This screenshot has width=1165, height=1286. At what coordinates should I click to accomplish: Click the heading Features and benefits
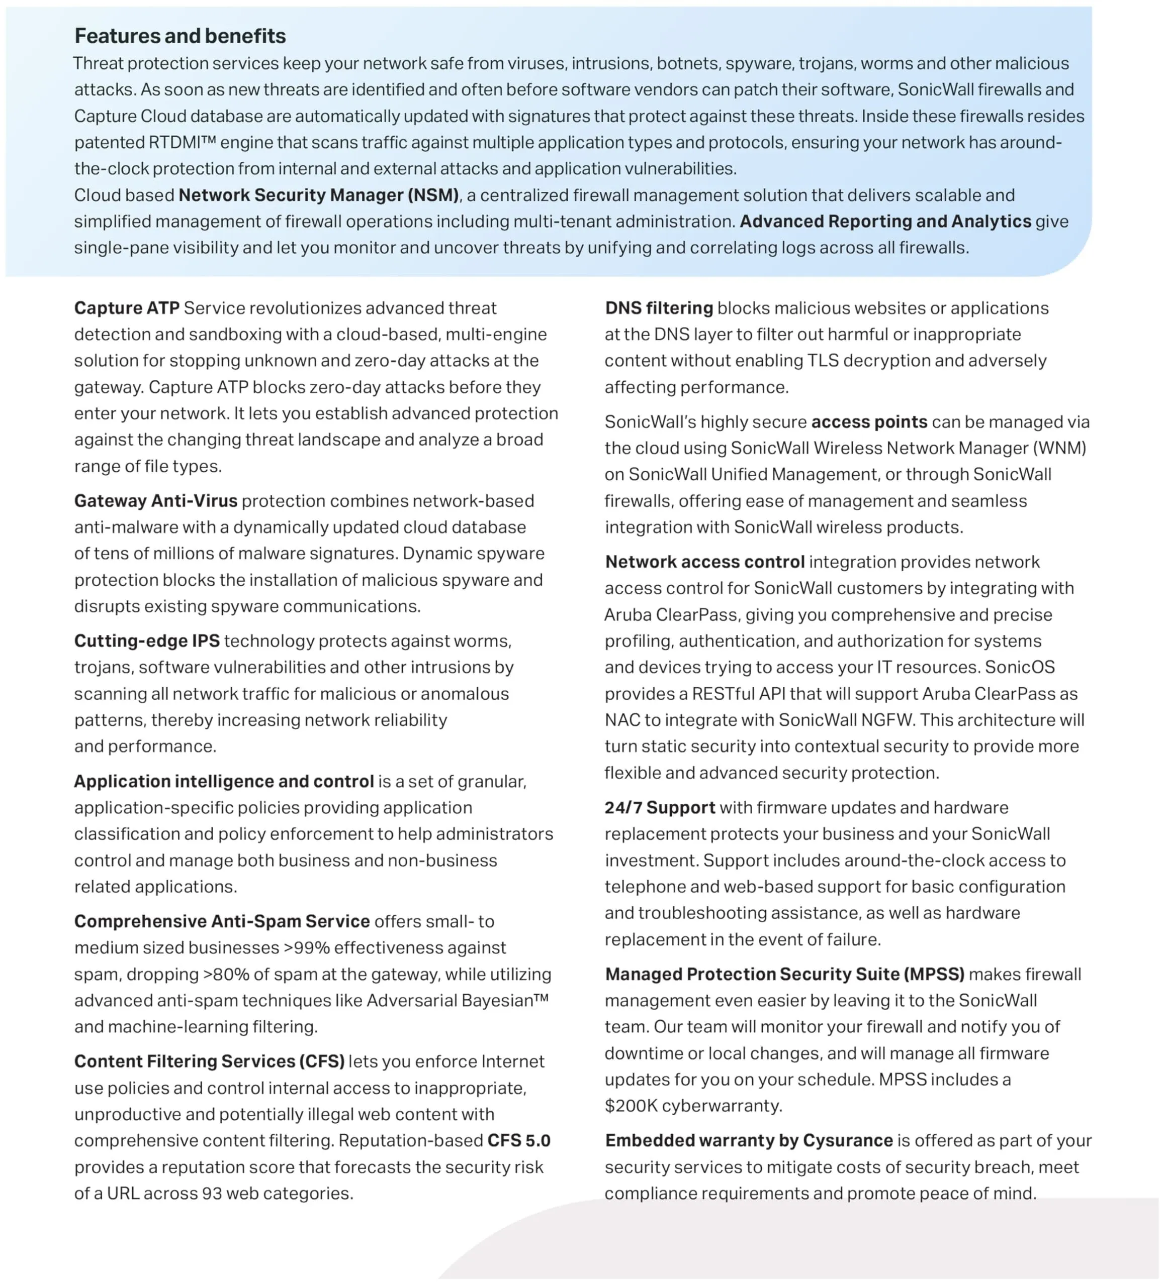180,36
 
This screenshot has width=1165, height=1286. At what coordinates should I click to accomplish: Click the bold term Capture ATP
126,308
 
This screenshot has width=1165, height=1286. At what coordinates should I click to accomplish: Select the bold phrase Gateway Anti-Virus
156,501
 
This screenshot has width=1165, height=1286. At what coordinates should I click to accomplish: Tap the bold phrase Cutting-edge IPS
147,640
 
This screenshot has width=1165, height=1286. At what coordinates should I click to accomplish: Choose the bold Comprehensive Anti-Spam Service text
222,921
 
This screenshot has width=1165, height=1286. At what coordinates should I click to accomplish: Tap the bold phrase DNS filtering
658,308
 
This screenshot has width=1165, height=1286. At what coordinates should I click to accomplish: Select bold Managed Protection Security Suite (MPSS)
784,974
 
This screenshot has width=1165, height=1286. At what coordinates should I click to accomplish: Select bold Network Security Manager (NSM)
318,195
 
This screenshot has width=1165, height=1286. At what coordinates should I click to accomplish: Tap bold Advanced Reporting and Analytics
885,222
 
